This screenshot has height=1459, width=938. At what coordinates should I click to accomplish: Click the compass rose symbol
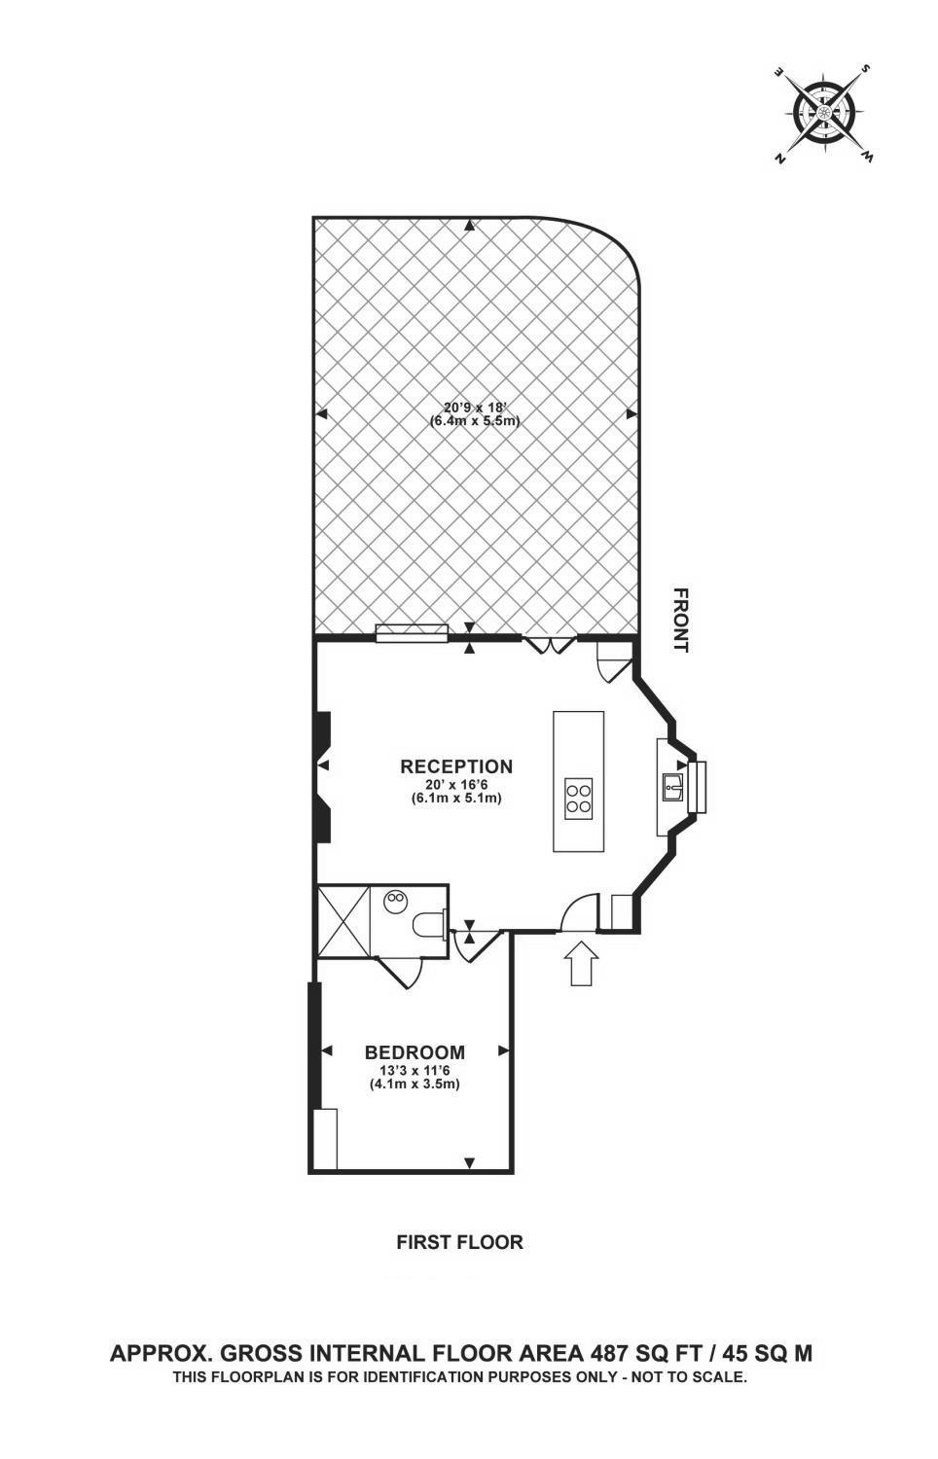coord(823,113)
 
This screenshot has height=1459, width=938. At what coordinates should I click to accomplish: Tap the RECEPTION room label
coord(456,766)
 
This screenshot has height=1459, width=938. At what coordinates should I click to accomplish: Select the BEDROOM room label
coord(415,1052)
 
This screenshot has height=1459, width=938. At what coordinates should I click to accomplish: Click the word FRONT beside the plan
coord(681,621)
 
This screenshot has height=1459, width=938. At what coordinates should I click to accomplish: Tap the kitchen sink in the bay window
coord(671,787)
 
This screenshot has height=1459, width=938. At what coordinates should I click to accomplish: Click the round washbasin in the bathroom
coord(395,903)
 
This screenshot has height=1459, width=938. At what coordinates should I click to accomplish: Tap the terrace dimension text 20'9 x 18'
coord(475,408)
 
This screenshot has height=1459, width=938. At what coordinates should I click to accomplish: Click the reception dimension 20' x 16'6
coord(456,785)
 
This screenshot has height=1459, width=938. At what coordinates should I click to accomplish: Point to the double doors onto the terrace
coord(551,645)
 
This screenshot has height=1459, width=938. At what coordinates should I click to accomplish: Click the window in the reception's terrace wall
coord(412,634)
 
